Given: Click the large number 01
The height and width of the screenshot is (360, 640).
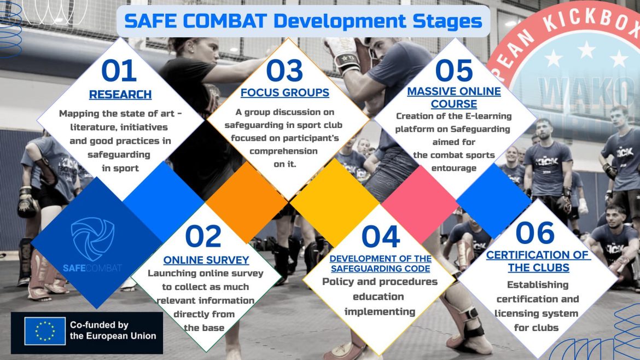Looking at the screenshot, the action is click(x=119, y=71).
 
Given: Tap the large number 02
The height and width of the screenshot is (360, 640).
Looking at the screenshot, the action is click(x=203, y=236).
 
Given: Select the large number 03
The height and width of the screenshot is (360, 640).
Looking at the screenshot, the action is click(x=284, y=71).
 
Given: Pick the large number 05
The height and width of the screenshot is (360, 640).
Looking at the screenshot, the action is click(x=454, y=71).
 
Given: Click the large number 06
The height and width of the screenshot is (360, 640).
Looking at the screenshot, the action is click(x=534, y=233).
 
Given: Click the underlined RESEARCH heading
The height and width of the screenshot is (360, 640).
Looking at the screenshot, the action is click(x=120, y=95).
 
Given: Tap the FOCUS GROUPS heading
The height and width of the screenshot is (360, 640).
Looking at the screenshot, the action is click(x=285, y=93).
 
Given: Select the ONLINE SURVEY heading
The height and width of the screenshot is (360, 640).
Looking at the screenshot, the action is click(x=206, y=260).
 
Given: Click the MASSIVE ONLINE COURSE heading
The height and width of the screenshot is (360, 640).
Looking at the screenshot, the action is click(x=454, y=97).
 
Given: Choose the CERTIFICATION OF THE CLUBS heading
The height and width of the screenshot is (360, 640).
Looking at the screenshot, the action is click(x=538, y=261).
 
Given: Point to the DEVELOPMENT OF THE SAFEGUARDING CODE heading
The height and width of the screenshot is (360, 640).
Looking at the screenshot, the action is click(x=380, y=264).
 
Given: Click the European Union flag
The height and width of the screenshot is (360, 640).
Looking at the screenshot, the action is click(x=44, y=331).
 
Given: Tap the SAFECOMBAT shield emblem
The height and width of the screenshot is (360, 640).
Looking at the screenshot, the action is click(x=92, y=239).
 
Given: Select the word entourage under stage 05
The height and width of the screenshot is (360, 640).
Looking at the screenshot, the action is click(x=454, y=168).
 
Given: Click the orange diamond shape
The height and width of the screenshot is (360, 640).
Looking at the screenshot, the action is click(x=247, y=202).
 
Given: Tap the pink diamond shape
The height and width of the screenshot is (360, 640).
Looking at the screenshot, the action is click(x=421, y=204).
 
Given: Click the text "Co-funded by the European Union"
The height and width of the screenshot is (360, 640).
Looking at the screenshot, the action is click(x=113, y=330).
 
